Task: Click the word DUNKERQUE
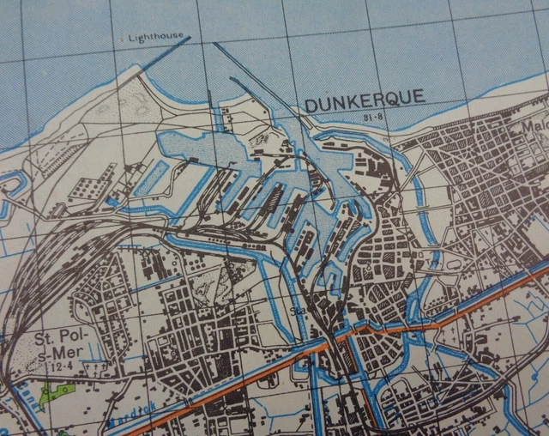click(364, 99)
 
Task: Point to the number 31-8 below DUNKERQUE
click(372, 117)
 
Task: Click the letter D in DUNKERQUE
click(311, 104)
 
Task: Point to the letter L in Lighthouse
click(130, 38)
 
